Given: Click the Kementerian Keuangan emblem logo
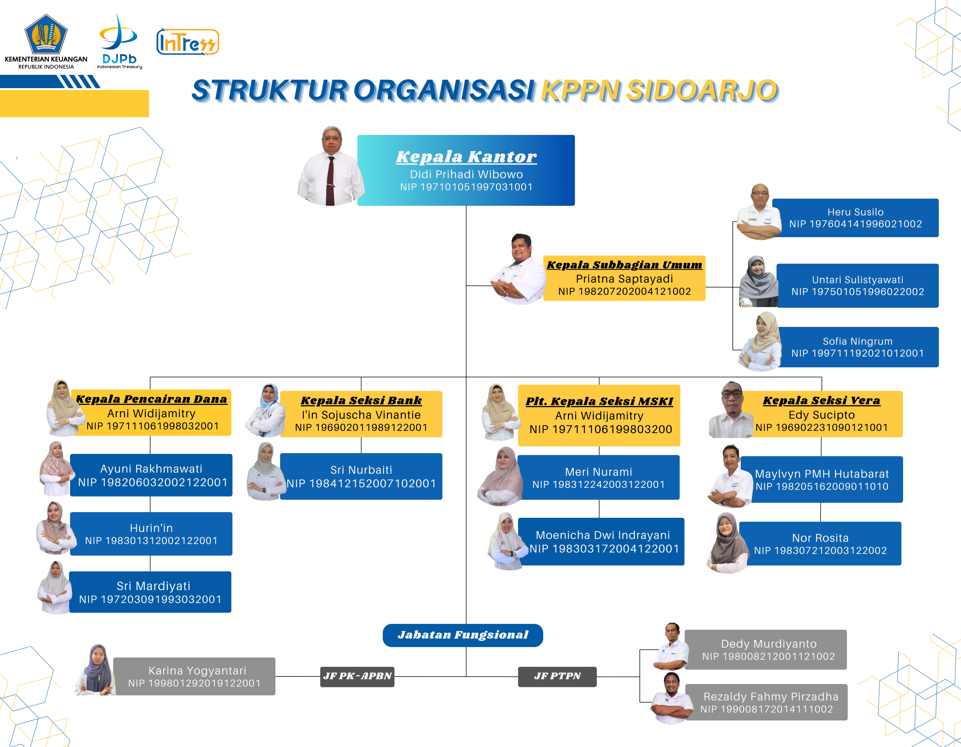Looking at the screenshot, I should click(46, 34).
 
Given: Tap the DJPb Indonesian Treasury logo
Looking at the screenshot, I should click(119, 42).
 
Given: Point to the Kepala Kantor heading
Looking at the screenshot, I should click(466, 156).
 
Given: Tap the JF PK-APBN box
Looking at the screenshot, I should click(357, 676).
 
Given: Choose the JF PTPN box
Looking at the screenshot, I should click(557, 676).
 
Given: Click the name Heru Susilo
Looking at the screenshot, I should click(855, 212).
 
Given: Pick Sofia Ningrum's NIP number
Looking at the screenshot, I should click(857, 353).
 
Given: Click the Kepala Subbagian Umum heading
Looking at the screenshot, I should click(624, 265).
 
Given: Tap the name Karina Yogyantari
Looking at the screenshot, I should click(197, 670).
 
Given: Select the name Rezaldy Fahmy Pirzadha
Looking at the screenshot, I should click(771, 696).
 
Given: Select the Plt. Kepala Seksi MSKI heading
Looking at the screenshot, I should click(599, 401).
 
